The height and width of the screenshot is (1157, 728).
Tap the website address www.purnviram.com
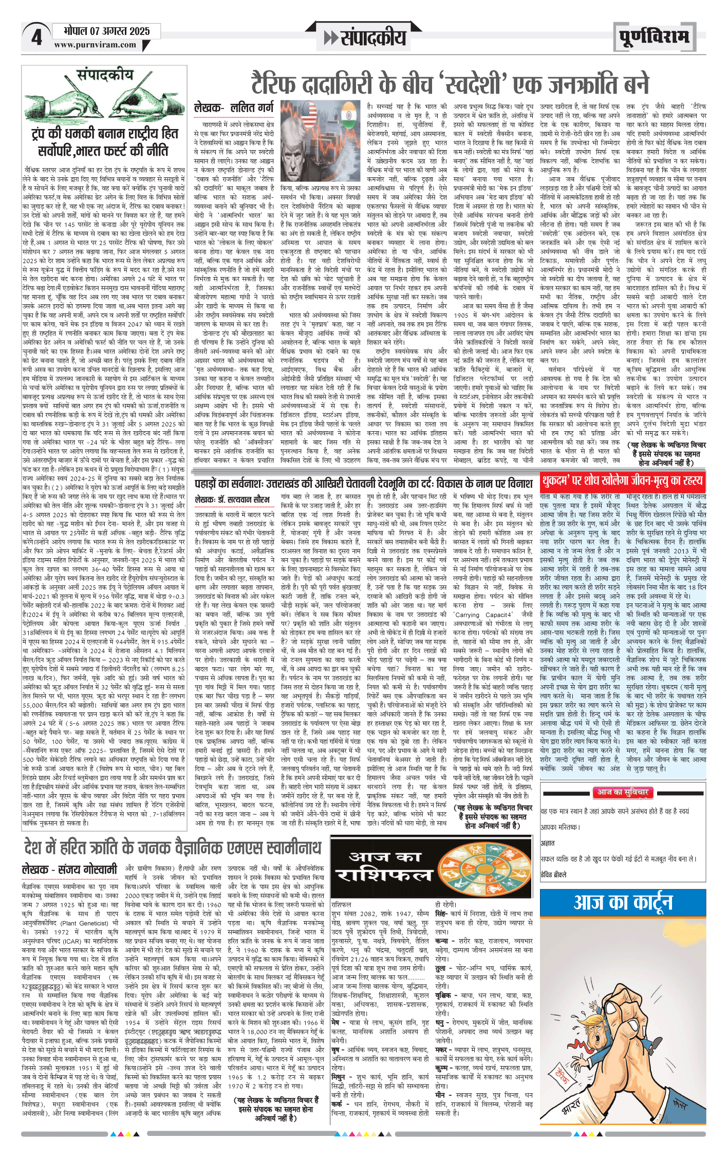[x=95, y=45]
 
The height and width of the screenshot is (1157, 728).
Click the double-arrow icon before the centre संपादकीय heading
[x=331, y=38]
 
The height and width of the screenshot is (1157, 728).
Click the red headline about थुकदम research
[x=622, y=481]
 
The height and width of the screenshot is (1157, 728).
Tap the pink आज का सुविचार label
[x=622, y=792]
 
